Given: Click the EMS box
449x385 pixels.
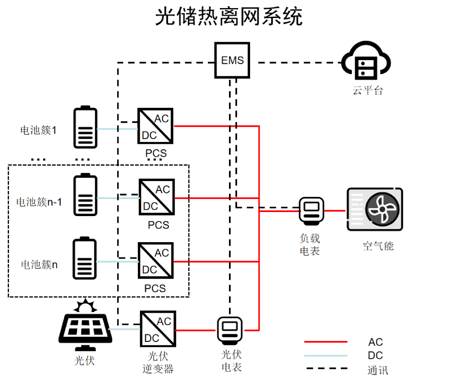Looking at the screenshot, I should click(x=232, y=60).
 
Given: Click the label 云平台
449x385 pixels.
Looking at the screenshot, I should click(x=368, y=90).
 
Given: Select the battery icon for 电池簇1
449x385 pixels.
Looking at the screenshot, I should click(x=85, y=127).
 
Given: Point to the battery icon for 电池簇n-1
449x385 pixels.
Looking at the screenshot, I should click(x=85, y=195).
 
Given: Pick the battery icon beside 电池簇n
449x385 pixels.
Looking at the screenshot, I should click(x=84, y=259).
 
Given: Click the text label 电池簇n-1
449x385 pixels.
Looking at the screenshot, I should click(x=39, y=202).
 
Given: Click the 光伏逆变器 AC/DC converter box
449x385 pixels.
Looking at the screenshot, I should click(x=158, y=330).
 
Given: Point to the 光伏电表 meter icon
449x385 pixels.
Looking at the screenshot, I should click(x=229, y=332).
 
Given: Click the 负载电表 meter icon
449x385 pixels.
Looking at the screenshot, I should click(x=312, y=210).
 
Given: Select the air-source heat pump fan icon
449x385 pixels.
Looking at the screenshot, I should click(x=381, y=209).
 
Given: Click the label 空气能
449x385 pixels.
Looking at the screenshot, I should click(x=378, y=246).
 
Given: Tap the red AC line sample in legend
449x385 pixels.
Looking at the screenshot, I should click(x=326, y=342).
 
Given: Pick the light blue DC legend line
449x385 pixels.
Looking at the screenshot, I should click(x=326, y=355).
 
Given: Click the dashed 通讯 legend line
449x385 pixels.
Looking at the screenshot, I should click(x=326, y=369).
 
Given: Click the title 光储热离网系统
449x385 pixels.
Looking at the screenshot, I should click(x=229, y=17).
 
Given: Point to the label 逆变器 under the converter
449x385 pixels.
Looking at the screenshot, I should click(x=158, y=369).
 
